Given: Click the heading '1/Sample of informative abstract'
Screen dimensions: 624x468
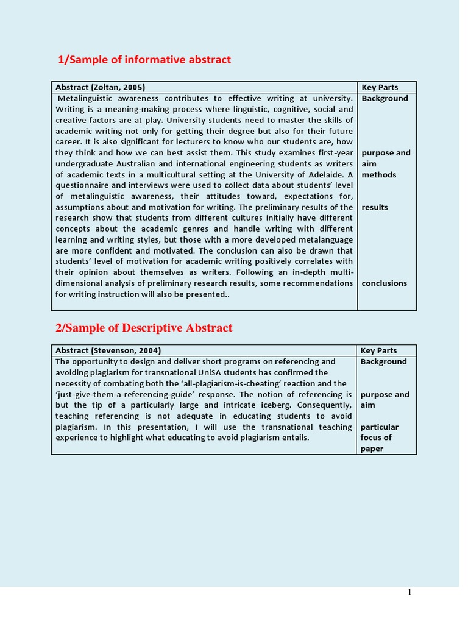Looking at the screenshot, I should (x=144, y=59).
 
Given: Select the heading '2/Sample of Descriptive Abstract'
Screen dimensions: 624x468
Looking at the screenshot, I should (x=144, y=328).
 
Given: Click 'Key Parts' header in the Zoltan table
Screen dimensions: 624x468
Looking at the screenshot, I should (x=380, y=87).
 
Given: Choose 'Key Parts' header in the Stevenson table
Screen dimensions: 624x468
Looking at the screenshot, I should (x=378, y=350).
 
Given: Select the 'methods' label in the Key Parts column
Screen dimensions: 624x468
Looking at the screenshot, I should (x=378, y=175).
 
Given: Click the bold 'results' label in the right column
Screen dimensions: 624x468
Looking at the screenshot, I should (x=375, y=207).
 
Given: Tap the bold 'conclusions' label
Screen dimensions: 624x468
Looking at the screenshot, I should (x=384, y=283).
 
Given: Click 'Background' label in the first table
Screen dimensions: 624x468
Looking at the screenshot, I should (x=385, y=98).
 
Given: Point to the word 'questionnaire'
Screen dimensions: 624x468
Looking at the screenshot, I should (x=82, y=185).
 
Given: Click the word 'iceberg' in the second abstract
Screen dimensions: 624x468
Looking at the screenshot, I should (x=272, y=405).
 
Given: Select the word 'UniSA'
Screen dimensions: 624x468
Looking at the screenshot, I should (x=237, y=372).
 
